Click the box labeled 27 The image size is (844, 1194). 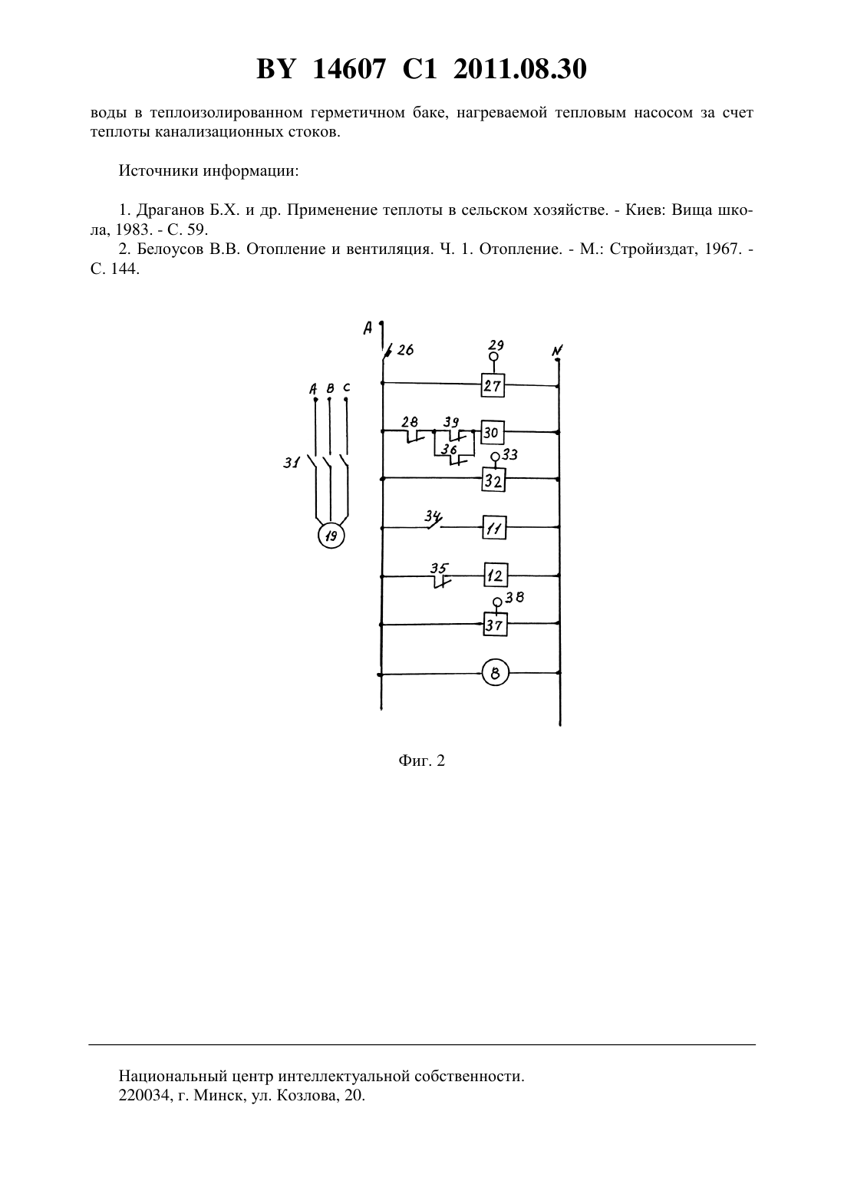[493, 385]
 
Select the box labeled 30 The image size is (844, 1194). [492, 432]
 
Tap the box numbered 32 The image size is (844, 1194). [493, 480]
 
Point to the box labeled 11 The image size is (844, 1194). [494, 528]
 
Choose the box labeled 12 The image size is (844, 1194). [495, 576]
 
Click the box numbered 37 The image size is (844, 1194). [495, 624]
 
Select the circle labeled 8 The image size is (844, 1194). [495, 673]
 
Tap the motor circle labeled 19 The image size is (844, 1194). [331, 536]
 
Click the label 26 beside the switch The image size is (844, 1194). [405, 350]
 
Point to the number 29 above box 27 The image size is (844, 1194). [496, 345]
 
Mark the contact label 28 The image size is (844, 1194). [410, 422]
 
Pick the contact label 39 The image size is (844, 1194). [451, 422]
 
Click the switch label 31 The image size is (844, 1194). [292, 463]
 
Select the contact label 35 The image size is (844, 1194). [439, 568]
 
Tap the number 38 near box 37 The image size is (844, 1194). [515, 598]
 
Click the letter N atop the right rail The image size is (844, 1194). [557, 351]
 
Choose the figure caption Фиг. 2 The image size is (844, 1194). [421, 760]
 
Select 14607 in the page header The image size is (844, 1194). [349, 69]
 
